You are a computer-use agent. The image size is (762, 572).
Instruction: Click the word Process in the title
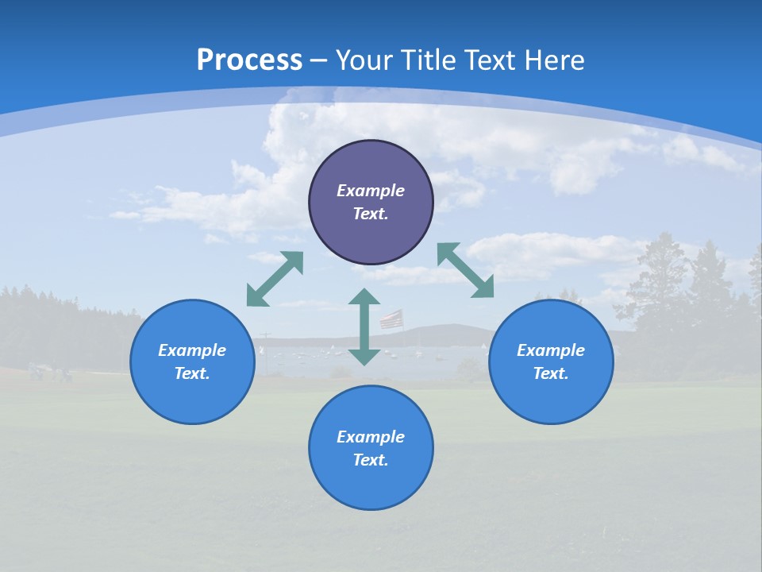pos(249,60)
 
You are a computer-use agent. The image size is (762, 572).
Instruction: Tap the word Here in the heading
pos(553,60)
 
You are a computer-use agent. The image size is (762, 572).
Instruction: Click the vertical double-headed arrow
pos(364,327)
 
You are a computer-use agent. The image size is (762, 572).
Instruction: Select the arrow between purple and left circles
pos(275,279)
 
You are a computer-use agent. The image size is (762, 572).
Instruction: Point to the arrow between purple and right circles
pos(465,270)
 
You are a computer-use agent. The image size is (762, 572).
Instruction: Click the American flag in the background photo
pos(391,319)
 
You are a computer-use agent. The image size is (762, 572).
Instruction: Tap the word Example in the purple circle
pos(371,191)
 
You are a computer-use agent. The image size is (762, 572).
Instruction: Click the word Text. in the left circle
pos(192,373)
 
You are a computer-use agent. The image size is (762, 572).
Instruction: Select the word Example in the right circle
pos(551,350)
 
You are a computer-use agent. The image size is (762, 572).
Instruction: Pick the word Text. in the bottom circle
pos(371,460)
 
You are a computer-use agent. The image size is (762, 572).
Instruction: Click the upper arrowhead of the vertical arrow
pos(364,296)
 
